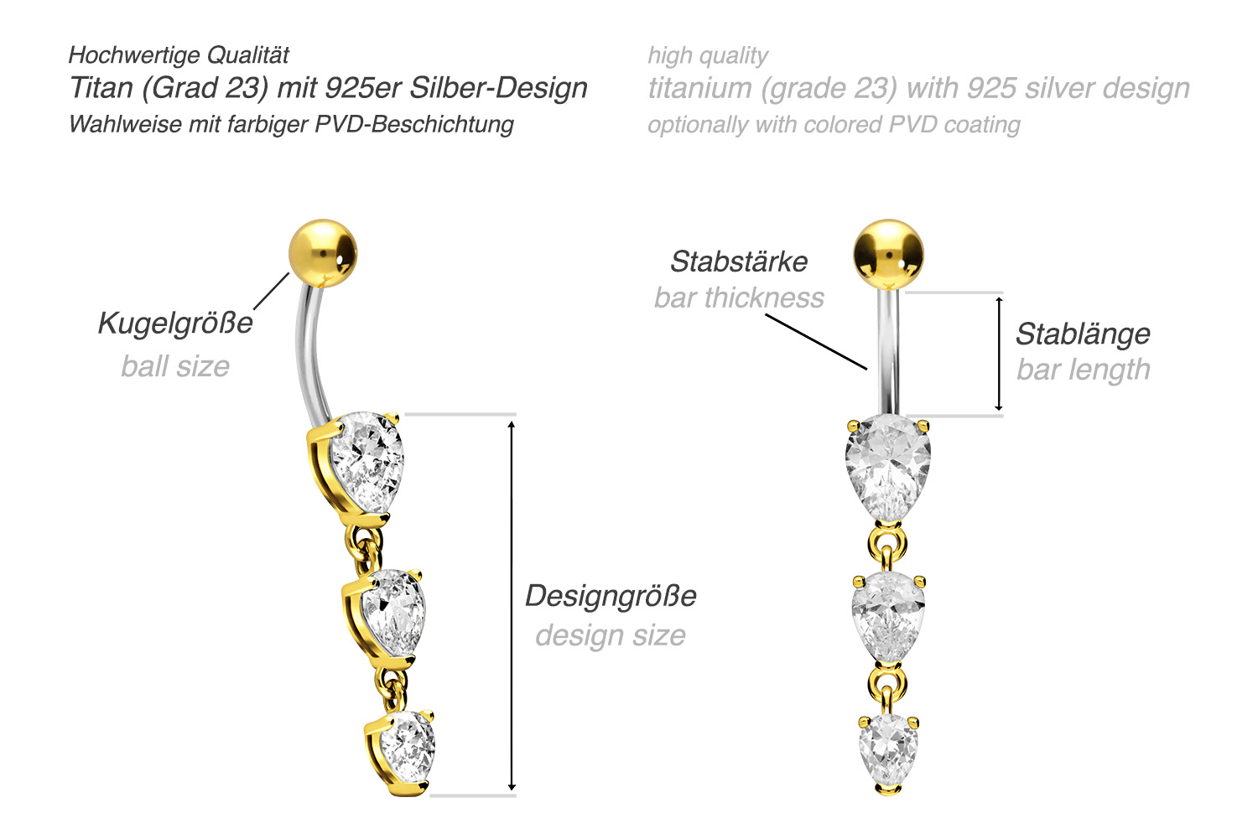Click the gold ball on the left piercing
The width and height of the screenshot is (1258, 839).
(323, 253)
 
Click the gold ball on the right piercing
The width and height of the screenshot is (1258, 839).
(888, 254)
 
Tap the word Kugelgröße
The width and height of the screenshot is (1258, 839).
(175, 324)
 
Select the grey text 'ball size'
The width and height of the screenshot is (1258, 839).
(175, 366)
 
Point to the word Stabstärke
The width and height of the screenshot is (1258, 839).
(739, 262)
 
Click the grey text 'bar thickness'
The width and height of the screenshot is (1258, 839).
(739, 298)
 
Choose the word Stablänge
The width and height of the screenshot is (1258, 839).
(1084, 334)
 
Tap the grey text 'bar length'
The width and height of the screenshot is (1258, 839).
(1084, 370)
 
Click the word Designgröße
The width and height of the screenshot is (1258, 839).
(611, 596)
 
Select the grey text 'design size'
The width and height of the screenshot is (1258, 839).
(611, 635)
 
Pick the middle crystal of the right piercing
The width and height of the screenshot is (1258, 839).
(888, 617)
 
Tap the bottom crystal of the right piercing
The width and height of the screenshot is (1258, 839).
(888, 751)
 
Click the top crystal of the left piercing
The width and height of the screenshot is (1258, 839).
(366, 462)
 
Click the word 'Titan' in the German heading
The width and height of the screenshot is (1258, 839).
(101, 88)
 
